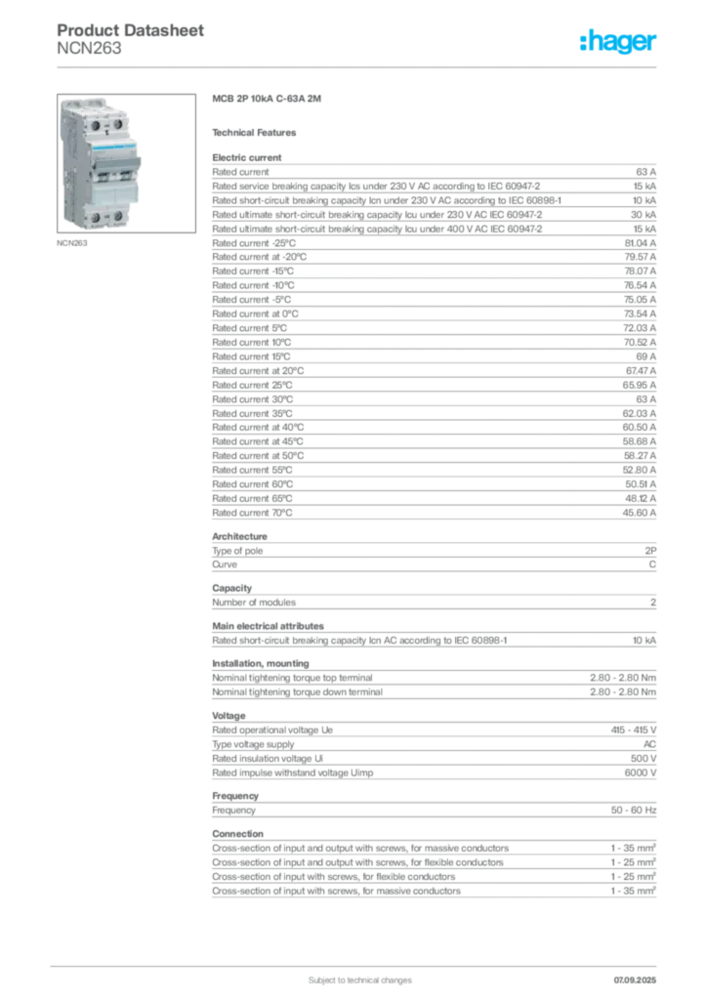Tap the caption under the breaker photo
pos(74,244)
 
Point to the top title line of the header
pos(132,28)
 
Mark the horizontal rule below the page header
pos(358,66)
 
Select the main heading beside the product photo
pos(270,101)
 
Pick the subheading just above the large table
pos(258,132)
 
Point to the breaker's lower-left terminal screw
pos(96,215)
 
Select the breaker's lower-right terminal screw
pos(118,215)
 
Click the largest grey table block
pos(433,337)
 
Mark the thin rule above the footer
pos(358,960)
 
